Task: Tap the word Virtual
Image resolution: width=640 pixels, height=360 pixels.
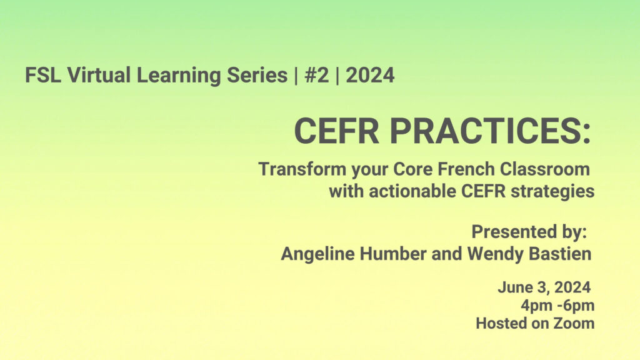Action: (99, 75)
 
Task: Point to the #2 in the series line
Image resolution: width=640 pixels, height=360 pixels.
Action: (317, 75)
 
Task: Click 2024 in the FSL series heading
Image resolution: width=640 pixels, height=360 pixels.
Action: (370, 75)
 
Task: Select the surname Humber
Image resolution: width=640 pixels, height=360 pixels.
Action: (393, 254)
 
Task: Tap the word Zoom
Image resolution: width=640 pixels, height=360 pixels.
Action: (574, 323)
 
